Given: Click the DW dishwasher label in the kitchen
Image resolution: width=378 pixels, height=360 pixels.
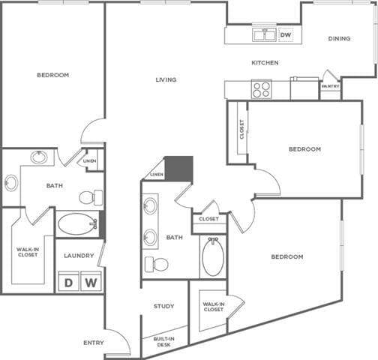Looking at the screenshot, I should [x=286, y=34].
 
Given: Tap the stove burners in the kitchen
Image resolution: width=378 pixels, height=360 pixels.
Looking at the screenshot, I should [x=261, y=89].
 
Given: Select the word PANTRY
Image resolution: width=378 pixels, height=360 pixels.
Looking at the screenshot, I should [x=330, y=86].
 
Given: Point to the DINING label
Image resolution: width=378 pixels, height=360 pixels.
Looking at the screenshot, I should [x=339, y=39].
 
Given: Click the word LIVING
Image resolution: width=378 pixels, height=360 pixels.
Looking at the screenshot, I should [x=166, y=79].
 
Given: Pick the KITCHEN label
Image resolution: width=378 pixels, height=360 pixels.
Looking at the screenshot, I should [x=265, y=63].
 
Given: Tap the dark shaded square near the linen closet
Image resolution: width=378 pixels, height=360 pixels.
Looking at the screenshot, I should [x=178, y=168].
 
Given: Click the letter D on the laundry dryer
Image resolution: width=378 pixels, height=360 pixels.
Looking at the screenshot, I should [x=68, y=283].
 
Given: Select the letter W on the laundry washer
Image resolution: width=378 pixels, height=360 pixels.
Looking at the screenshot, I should [x=91, y=283].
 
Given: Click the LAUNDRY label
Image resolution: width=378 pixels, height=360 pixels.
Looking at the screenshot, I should [x=79, y=256].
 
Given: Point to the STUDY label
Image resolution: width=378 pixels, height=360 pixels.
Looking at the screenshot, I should [x=164, y=306].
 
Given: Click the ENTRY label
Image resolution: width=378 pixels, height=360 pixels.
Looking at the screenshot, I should [x=94, y=343].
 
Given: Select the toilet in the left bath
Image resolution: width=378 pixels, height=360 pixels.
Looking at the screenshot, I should [x=90, y=197].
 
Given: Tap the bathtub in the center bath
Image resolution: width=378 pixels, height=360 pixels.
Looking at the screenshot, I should [x=213, y=256].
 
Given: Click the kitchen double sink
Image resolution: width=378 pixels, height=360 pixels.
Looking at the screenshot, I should [x=264, y=34].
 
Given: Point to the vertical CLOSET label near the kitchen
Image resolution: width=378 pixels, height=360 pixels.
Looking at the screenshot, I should [x=241, y=130].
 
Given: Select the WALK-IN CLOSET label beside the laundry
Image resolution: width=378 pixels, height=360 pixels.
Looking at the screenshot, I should [x=28, y=252].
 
